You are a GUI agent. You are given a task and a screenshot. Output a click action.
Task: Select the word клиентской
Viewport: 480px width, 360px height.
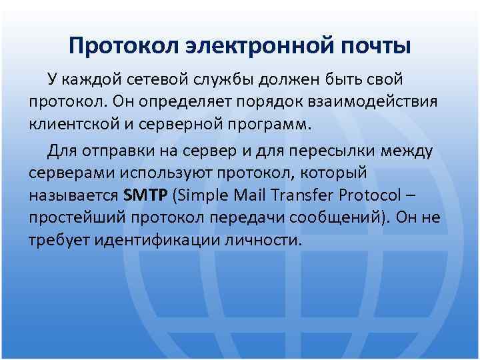75,125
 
